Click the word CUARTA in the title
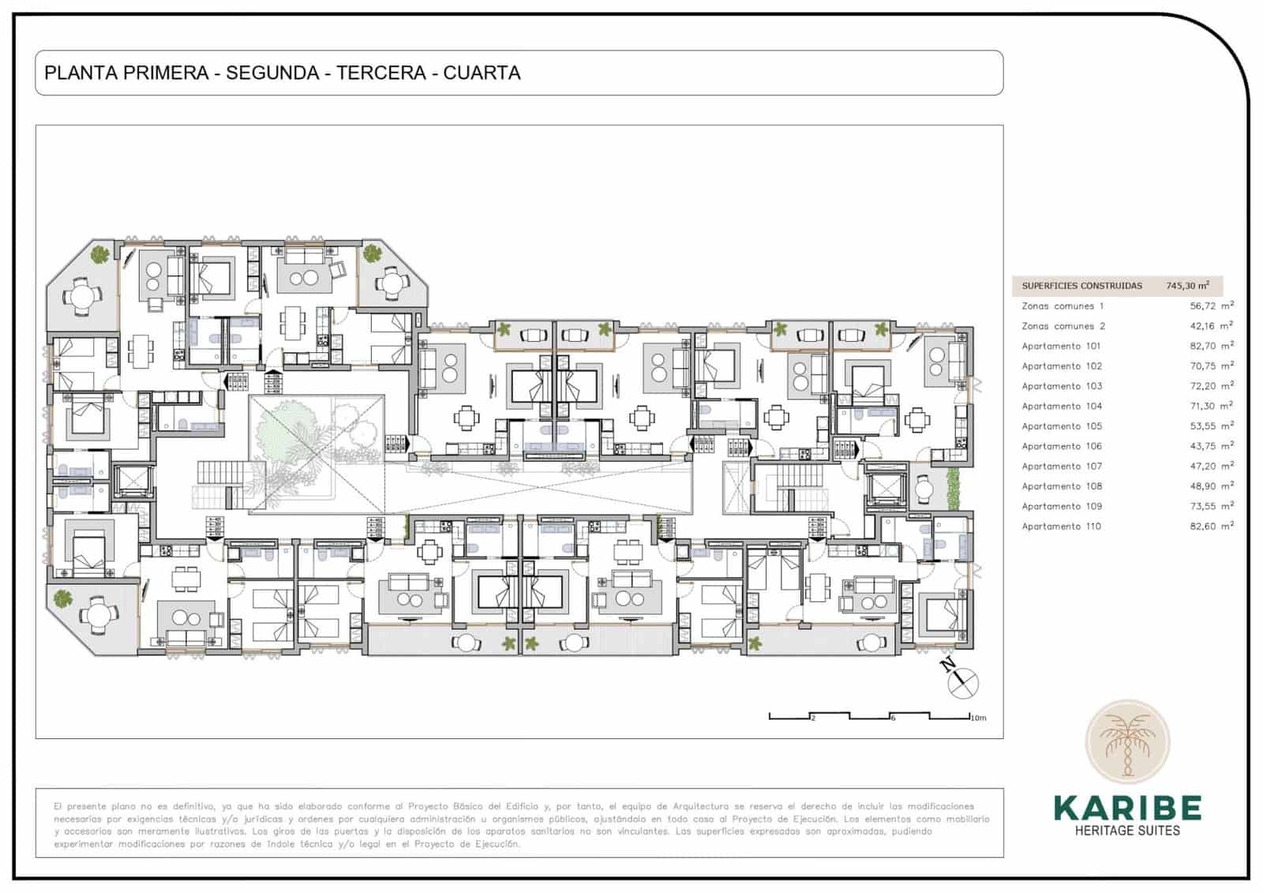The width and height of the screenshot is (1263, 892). [482, 73]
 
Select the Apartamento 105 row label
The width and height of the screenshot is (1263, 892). [1061, 426]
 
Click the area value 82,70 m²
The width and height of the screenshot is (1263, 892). [1211, 346]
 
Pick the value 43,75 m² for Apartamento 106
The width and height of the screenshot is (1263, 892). [1211, 446]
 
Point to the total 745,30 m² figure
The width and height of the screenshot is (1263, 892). [1187, 286]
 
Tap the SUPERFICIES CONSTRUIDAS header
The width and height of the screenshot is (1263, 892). [1081, 286]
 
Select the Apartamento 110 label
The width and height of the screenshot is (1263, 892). [1061, 527]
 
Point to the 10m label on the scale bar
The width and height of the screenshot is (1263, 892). [978, 718]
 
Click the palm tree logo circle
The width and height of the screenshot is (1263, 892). [1126, 742]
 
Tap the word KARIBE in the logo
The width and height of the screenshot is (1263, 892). [1127, 808]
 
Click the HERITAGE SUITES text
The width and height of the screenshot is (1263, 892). [1127, 830]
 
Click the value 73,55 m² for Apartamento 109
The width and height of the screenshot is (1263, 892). [1211, 506]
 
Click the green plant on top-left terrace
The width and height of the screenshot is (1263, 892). [99, 254]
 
